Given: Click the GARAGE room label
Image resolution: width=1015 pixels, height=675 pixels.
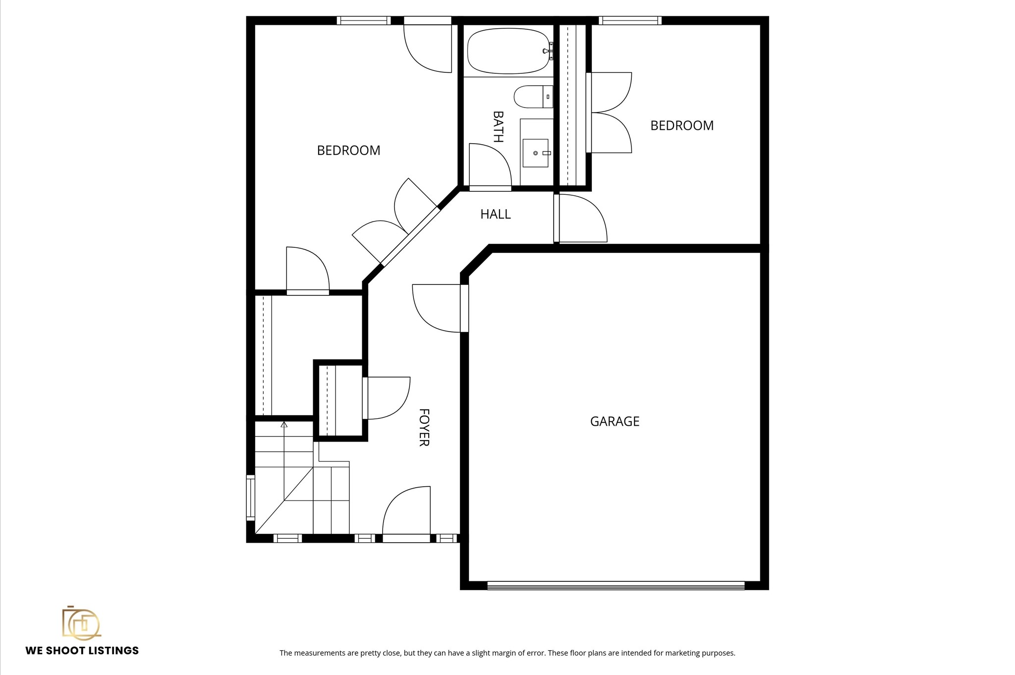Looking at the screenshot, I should tap(615, 421).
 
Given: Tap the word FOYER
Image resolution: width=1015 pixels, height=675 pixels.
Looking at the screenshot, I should tap(424, 427).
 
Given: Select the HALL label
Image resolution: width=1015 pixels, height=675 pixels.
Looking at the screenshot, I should tap(495, 214).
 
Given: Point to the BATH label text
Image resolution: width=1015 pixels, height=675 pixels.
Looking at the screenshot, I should tap(498, 126).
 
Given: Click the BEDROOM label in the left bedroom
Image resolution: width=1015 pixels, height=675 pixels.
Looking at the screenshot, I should tap(348, 150).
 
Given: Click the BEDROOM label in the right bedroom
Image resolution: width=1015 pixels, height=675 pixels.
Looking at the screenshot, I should tap(681, 125).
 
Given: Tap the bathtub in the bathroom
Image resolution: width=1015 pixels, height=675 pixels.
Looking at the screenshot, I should tap(508, 51).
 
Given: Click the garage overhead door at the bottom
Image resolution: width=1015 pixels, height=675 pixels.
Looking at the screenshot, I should tap(616, 586).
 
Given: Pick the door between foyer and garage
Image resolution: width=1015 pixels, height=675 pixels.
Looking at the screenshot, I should tap(436, 307).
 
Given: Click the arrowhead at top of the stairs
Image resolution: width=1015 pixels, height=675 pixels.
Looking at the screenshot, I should tap(284, 424).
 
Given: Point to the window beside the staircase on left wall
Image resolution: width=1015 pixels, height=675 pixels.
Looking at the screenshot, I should tap(251, 498).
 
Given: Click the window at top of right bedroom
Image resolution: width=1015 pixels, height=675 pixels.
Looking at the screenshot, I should tap(630, 20).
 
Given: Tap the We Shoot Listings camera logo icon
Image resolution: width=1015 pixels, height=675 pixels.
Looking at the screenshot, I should tap(81, 623).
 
